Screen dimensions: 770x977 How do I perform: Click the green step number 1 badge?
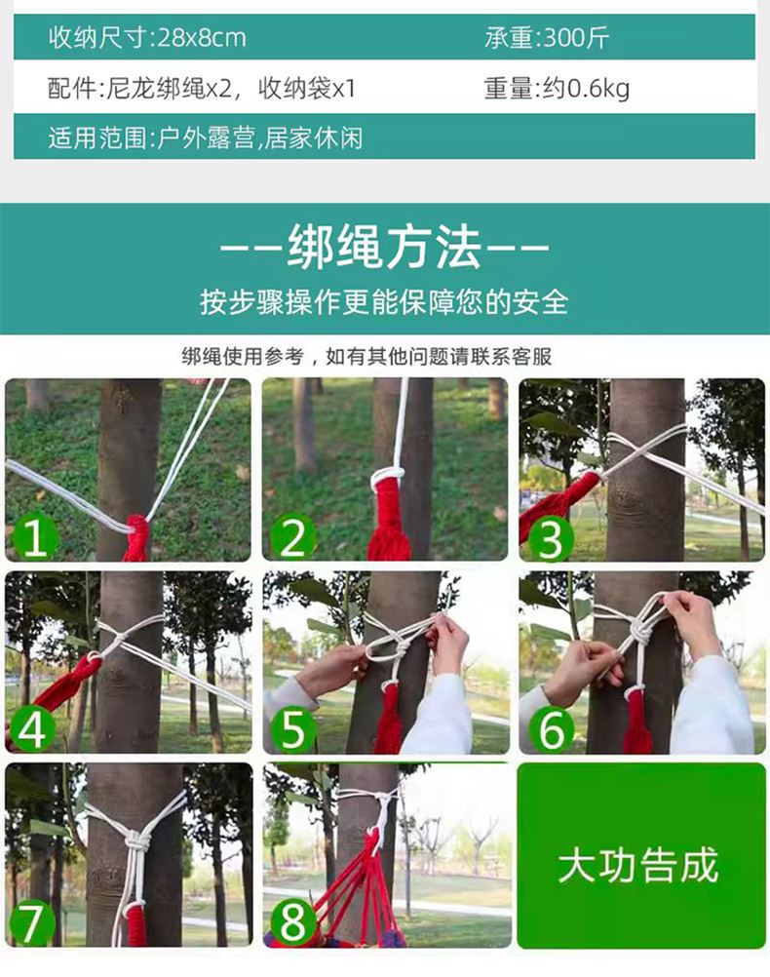point(34,537)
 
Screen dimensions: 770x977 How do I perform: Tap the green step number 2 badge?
point(292,537)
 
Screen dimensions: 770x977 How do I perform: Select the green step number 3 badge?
point(550,539)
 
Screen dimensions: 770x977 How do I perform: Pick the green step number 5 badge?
point(292,729)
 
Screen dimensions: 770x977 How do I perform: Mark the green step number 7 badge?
point(31,922)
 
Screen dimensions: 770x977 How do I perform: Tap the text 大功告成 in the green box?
point(638,865)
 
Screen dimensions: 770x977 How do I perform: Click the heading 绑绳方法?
point(384,248)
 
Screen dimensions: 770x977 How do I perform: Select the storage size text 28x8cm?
point(202,38)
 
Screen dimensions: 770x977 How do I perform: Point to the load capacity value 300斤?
point(576,38)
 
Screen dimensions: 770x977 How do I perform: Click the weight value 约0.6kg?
point(586,89)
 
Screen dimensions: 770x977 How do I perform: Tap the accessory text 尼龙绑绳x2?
point(169,89)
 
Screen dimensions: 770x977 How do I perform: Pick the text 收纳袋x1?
point(306,89)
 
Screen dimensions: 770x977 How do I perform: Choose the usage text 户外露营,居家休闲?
point(260,137)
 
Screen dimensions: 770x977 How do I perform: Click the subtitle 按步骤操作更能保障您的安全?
point(384,302)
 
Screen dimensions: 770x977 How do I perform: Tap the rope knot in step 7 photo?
point(138,842)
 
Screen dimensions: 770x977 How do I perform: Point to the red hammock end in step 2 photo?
point(389,521)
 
